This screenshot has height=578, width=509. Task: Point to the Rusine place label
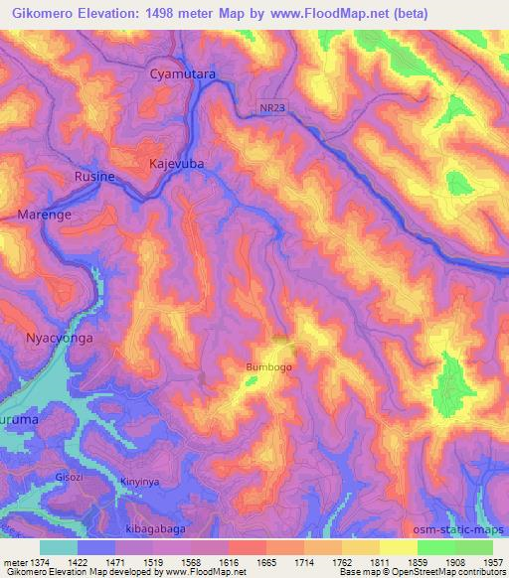click(95, 176)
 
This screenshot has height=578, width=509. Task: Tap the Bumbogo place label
click(268, 367)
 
